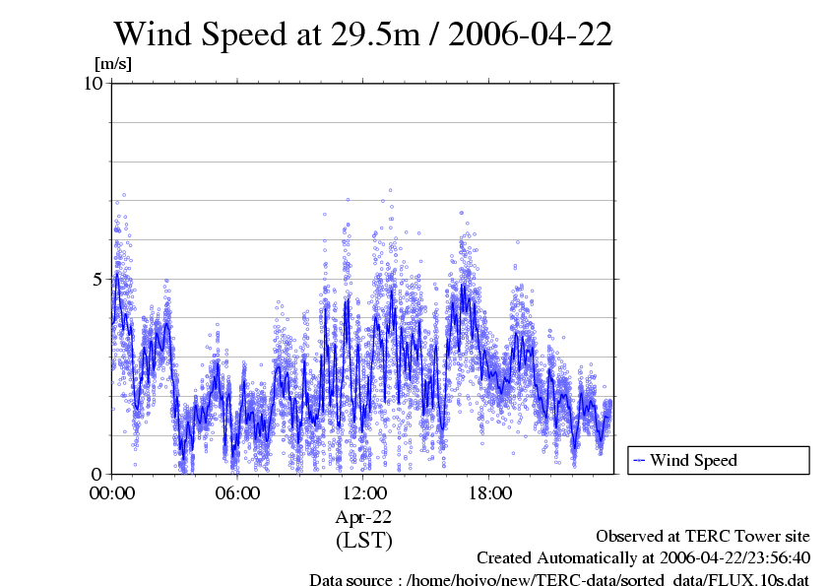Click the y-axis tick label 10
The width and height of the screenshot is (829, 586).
(x=93, y=83)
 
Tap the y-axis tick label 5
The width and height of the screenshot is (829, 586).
(x=97, y=278)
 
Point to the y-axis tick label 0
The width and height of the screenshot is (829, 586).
(x=97, y=474)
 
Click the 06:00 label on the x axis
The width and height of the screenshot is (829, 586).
(x=237, y=492)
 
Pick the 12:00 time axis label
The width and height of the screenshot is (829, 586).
(x=363, y=492)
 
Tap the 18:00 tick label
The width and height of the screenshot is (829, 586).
(x=489, y=492)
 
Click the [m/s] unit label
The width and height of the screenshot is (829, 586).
(x=112, y=64)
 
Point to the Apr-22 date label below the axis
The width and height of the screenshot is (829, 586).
(x=363, y=516)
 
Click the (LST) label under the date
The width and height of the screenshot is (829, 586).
(x=363, y=540)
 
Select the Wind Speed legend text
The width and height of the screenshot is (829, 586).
(x=693, y=460)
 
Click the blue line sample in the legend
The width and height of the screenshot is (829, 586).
(x=639, y=460)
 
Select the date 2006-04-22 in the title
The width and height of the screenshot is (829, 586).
(x=535, y=34)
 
